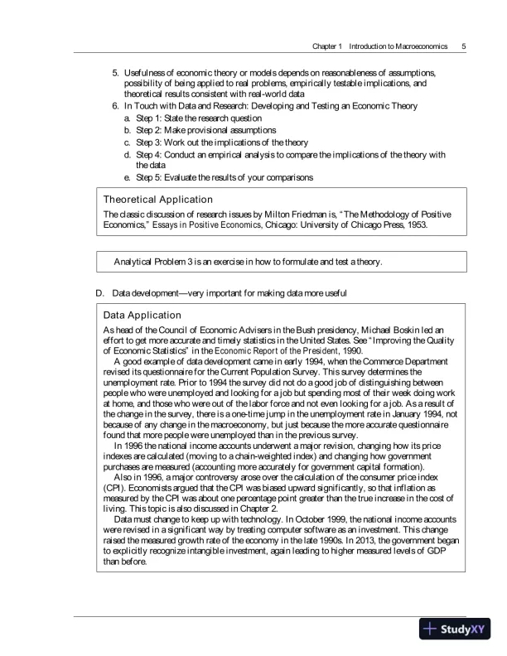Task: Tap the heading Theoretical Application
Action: (x=157, y=200)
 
